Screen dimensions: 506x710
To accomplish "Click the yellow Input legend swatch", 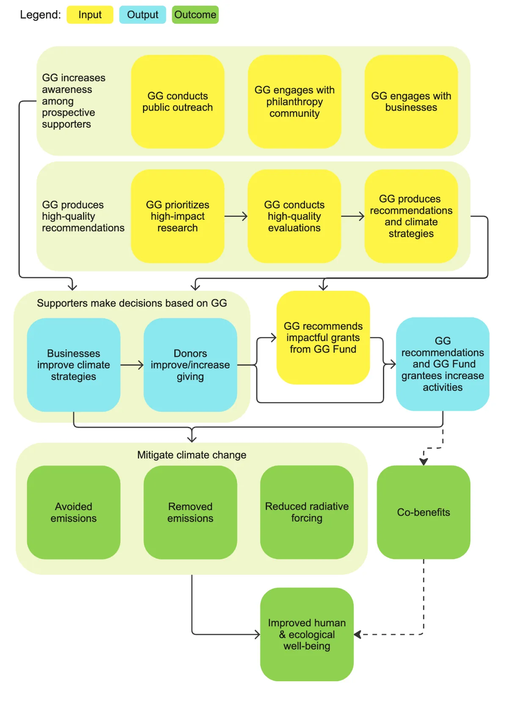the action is pos(90,14).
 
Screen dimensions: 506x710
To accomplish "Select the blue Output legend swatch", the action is pos(143,14).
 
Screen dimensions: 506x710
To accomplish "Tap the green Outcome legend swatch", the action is pos(195,14).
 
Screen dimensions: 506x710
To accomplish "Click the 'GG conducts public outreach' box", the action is pos(178,101).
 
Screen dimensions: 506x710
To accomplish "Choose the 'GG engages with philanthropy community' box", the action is pos(294,101).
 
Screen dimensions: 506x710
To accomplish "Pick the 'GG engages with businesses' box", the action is pos(411,101).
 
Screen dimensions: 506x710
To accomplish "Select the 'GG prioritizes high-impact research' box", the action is pos(178,216).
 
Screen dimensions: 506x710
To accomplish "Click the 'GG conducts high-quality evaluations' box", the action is pos(294,216).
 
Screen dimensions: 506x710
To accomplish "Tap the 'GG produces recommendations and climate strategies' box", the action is pos(411,216).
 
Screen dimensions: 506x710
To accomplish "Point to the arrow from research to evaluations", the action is pos(236,216).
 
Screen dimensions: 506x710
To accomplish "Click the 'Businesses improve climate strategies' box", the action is pos(74,365).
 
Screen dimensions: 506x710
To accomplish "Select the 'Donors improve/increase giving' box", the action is pos(190,365).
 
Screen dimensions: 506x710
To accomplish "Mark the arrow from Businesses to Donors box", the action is pos(132,365).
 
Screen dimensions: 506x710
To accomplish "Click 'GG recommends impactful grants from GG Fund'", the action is pos(323,338).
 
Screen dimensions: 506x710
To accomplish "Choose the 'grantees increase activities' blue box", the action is pos(443,364).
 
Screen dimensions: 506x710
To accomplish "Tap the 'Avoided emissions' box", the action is pos(74,512).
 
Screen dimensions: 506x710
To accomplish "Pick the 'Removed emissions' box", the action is pos(190,512).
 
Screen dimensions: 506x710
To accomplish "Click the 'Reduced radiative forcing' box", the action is pos(307,512).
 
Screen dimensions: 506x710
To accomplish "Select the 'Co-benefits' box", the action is pos(423,512).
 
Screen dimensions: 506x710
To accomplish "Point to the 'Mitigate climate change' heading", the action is pos(192,455).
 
